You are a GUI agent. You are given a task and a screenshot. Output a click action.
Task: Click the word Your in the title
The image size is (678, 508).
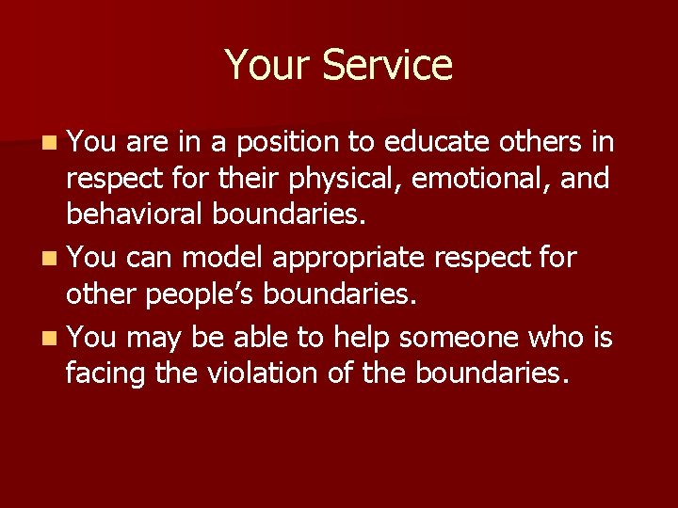pos(267,65)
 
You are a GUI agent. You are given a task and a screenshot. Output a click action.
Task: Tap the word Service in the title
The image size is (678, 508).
pos(387,65)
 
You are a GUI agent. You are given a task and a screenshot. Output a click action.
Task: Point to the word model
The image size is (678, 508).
pos(221,257)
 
